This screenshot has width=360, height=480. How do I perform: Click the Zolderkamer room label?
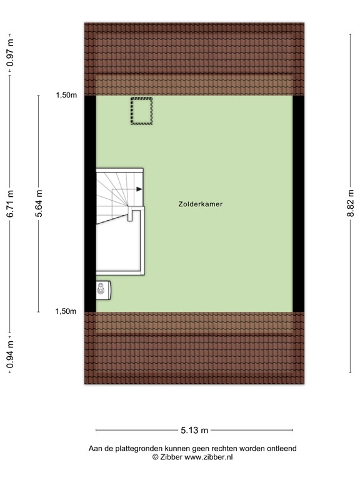pos(201,204)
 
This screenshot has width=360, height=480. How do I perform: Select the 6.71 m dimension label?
pos(10,204)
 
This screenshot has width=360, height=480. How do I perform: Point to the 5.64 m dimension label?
pos(39,204)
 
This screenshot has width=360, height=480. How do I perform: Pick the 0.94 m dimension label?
pos(10,354)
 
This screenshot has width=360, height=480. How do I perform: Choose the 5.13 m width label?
pos(194,430)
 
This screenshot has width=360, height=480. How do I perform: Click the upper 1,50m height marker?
pos(66,96)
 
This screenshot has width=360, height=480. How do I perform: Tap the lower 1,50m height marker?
pos(66,312)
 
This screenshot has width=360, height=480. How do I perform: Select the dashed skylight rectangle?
pos(142,111)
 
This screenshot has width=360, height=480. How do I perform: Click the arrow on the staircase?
pos(139,189)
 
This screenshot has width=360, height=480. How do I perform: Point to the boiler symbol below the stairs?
pos(102,288)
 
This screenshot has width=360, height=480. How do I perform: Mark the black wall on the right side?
pos(298,203)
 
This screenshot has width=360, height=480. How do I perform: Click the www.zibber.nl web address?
pos(209,457)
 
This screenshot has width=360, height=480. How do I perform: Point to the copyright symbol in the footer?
pos(156,457)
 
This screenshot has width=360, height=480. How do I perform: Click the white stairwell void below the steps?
pos(119,247)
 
